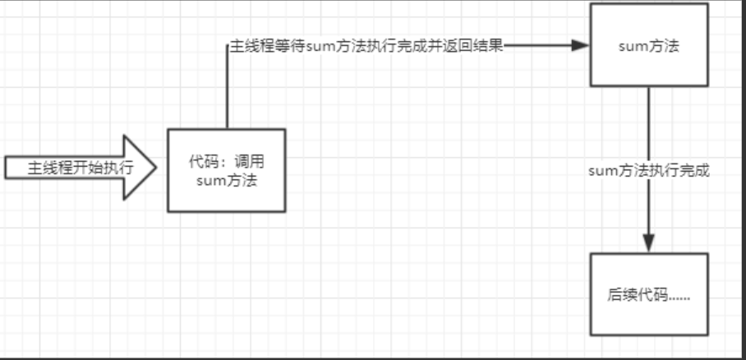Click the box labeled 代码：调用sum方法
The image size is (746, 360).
227,170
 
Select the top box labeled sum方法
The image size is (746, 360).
648,45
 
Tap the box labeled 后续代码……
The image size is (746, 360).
648,294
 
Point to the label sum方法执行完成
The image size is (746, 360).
649,171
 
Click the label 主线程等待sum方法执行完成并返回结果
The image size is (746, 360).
366,46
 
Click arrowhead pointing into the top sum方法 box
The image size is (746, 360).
582,46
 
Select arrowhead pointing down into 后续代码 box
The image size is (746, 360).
648,243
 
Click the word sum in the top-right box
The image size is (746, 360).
631,46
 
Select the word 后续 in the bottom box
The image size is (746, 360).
619,294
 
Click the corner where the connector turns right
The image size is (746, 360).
228,46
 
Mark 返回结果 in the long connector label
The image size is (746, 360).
477,46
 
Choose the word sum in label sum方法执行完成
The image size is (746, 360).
603,171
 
